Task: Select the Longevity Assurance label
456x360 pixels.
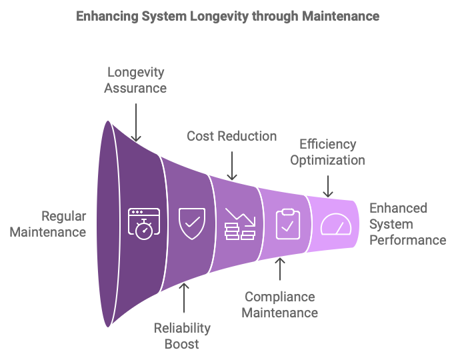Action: (x=135, y=79)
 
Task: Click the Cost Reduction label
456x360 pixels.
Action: (x=231, y=136)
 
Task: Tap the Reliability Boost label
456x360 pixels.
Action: (x=182, y=335)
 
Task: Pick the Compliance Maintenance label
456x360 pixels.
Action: (x=279, y=304)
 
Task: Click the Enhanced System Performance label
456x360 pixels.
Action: (x=407, y=224)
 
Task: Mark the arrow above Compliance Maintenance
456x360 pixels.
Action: (x=280, y=268)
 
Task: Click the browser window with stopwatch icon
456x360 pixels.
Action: (x=144, y=223)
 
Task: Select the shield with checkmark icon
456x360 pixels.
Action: (x=192, y=223)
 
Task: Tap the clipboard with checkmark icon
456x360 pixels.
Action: (x=287, y=223)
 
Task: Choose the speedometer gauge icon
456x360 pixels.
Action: (x=335, y=223)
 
